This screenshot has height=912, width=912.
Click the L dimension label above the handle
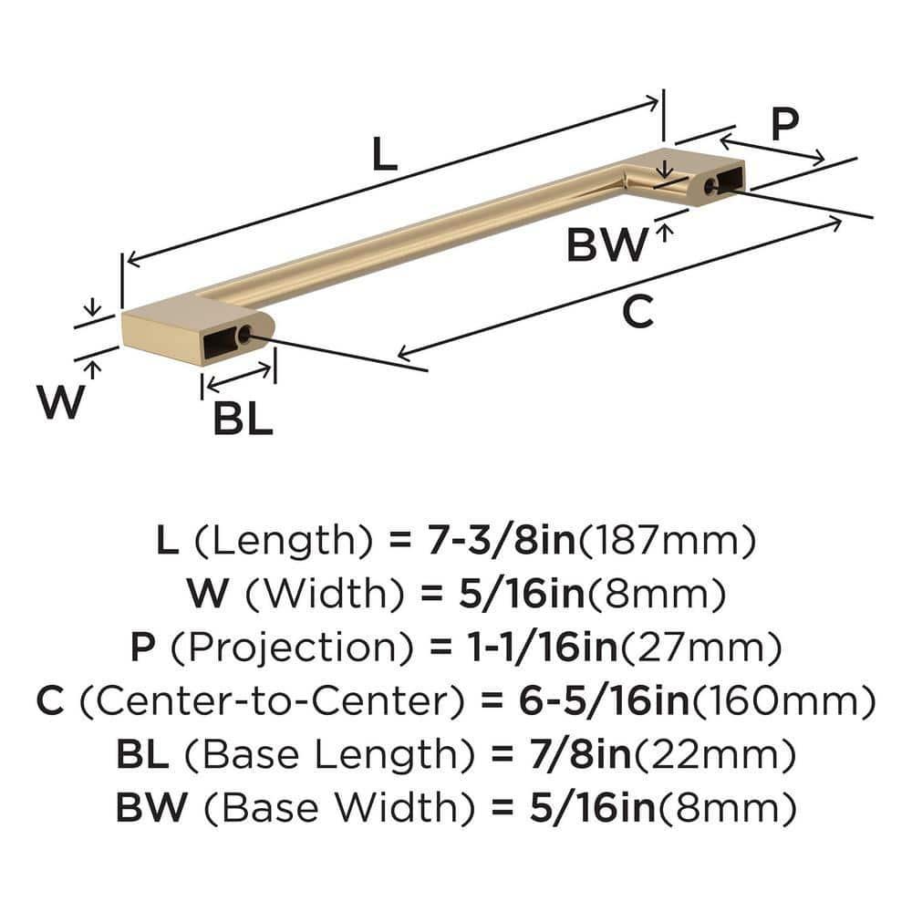(x=385, y=155)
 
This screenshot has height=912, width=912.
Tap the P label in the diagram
(x=783, y=125)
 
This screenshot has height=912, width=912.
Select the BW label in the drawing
(x=606, y=245)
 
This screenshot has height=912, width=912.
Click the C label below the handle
(x=637, y=313)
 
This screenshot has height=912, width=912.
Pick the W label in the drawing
(x=61, y=402)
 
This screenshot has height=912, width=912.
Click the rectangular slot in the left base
(x=218, y=342)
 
